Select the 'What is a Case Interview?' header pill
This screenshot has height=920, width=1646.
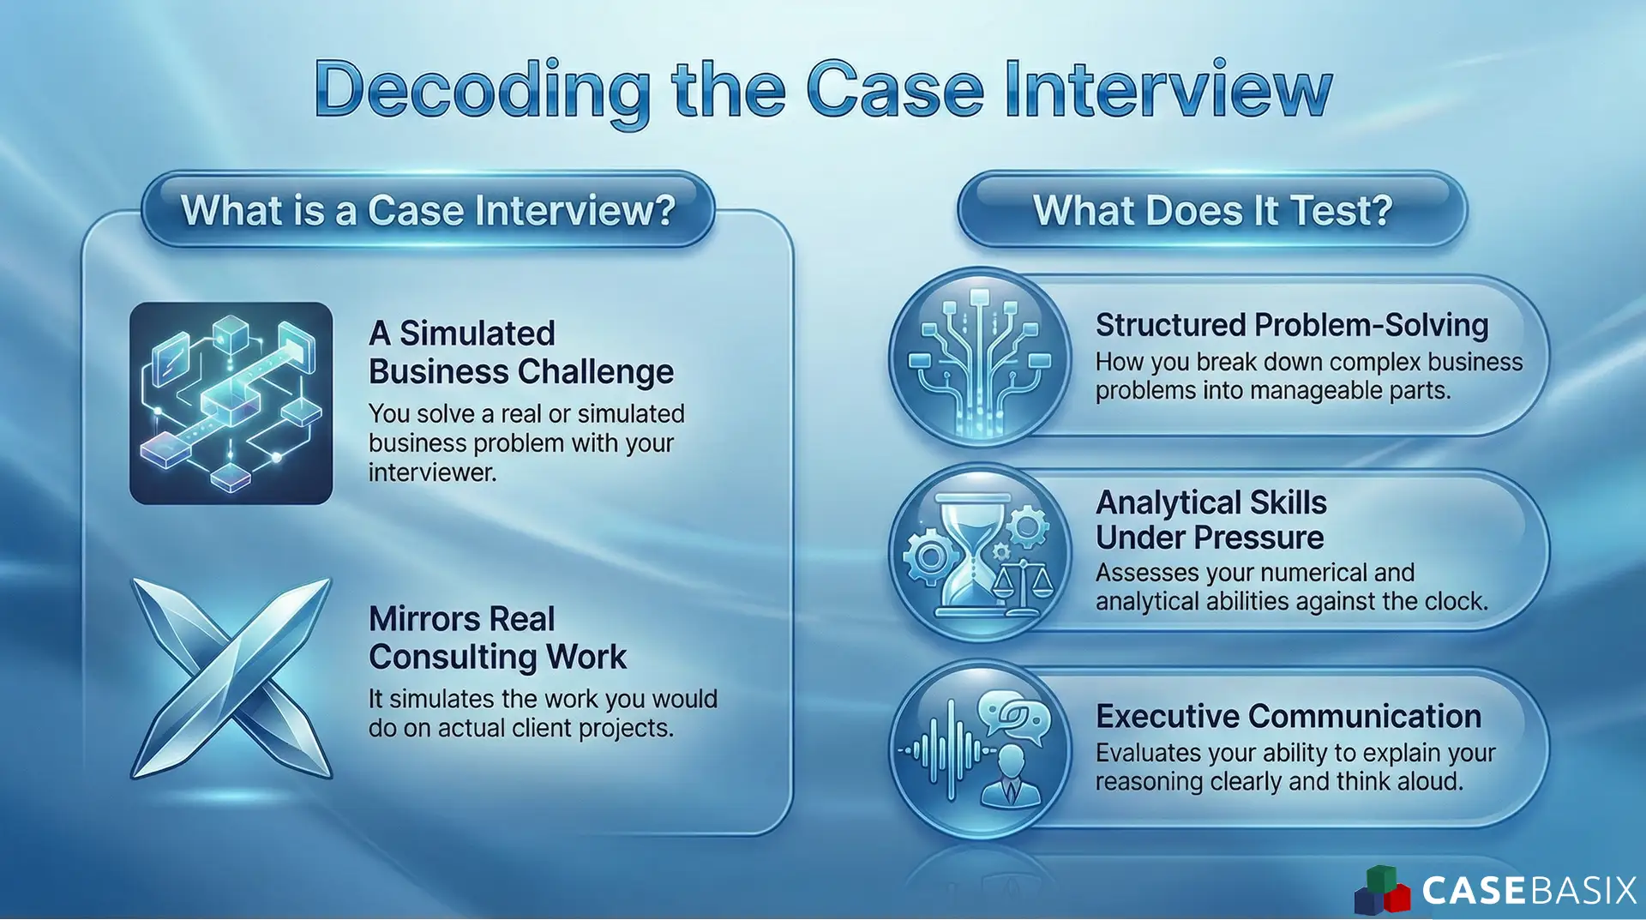click(428, 210)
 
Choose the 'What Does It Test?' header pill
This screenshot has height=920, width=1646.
click(1212, 210)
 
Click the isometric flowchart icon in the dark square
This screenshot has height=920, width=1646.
click(231, 403)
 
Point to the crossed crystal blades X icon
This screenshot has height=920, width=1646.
click(231, 677)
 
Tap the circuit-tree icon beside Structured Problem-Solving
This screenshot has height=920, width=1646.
click(980, 358)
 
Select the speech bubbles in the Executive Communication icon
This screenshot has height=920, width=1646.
click(1013, 716)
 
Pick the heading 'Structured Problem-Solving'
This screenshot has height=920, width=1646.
click(1291, 325)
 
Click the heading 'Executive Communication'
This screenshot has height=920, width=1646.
click(1288, 716)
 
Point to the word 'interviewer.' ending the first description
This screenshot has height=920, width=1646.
click(432, 472)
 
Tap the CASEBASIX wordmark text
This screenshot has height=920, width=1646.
click(1529, 891)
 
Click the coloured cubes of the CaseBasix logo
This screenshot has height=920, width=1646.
click(1381, 891)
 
